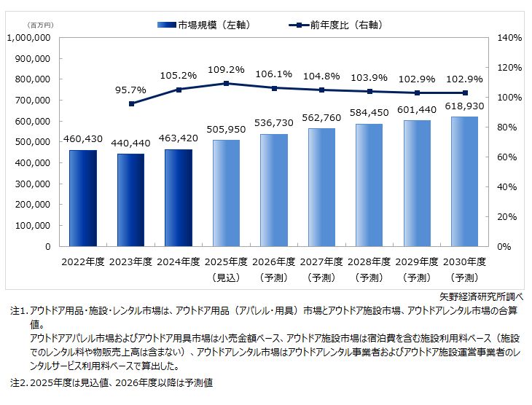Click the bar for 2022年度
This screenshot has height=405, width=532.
[x=83, y=198]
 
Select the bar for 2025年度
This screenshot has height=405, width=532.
[x=226, y=193]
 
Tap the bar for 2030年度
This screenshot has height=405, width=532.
[x=464, y=181]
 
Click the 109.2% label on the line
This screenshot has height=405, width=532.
[x=226, y=71]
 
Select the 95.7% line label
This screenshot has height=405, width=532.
[x=131, y=90]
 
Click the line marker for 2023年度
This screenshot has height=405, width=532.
[x=131, y=103]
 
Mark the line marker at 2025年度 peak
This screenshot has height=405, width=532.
[x=226, y=83]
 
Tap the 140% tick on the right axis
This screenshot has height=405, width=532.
[x=508, y=37]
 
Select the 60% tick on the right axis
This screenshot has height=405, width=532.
[x=508, y=157]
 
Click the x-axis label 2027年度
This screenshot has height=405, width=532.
[x=321, y=262]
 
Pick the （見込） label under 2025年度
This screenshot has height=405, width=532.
[x=226, y=278]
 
